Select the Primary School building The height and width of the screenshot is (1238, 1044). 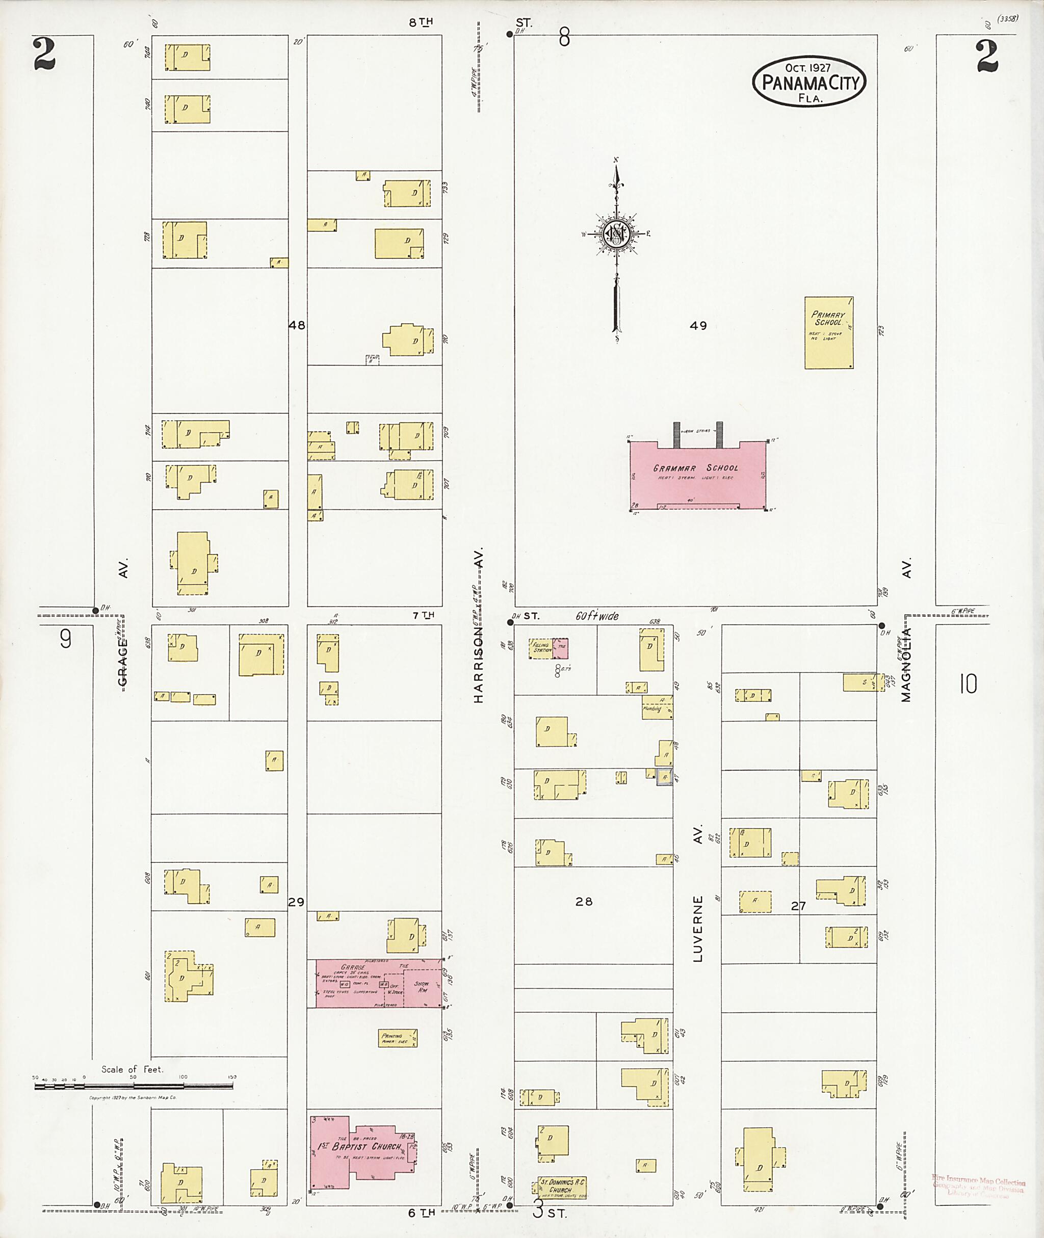click(828, 333)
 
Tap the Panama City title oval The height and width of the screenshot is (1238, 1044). click(809, 82)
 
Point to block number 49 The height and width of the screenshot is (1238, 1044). click(698, 326)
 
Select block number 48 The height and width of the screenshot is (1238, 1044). click(297, 325)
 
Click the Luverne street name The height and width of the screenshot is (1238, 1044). click(698, 929)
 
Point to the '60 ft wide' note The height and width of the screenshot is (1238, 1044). click(597, 616)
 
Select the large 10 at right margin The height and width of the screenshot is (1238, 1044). click(968, 684)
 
